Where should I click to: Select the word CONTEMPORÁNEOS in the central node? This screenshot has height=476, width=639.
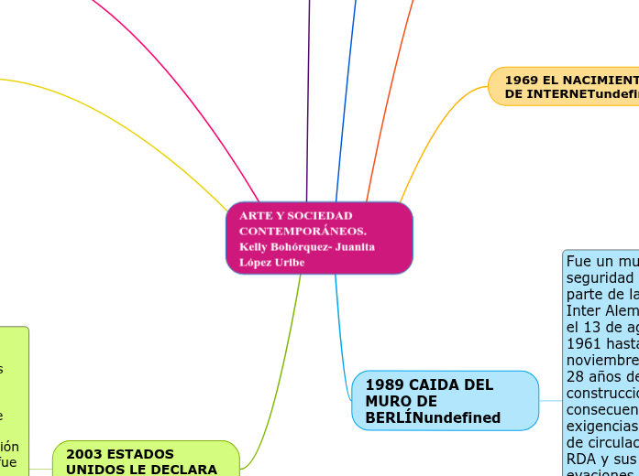coord(303,231)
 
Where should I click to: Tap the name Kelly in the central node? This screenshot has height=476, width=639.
coord(256,246)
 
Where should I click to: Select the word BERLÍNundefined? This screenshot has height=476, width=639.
coord(433,418)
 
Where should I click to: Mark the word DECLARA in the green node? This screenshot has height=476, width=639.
coord(187,470)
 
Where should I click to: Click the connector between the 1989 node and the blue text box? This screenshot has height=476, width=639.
coord(550,401)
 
